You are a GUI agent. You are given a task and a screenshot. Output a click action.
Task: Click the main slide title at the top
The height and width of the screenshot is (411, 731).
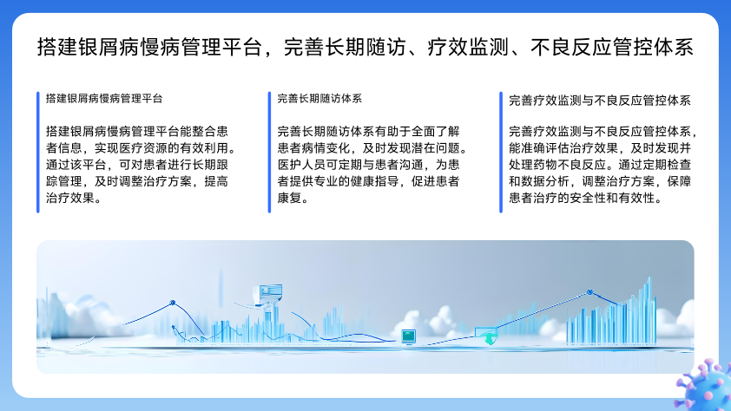point(365,48)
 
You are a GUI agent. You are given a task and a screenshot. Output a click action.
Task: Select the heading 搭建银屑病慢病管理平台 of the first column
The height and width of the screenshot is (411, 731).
point(104,99)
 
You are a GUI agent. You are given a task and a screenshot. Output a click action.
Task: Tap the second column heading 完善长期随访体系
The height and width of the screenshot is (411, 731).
point(319,99)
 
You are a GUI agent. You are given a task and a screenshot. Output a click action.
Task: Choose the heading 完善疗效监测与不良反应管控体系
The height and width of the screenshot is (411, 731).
point(600,101)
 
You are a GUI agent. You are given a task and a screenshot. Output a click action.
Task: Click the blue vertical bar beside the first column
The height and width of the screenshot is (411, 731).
point(37,153)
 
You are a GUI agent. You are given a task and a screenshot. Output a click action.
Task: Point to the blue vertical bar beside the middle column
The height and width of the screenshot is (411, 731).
point(269,153)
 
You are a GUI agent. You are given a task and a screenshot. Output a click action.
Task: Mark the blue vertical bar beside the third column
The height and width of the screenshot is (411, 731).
point(501,153)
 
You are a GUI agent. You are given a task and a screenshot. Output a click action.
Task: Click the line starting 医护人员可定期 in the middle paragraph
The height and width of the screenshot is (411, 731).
point(369,165)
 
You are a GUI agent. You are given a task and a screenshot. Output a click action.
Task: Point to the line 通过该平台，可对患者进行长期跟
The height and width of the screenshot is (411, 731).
point(137,165)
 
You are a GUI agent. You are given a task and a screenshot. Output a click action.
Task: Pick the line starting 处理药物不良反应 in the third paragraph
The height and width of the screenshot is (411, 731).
point(600,165)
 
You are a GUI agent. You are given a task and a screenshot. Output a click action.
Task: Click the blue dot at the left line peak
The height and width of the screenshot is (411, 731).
point(173,303)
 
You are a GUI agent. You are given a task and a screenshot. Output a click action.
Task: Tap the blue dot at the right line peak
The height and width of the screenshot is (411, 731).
point(589,292)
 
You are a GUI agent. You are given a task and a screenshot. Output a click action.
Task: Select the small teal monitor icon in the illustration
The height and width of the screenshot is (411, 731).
point(408,336)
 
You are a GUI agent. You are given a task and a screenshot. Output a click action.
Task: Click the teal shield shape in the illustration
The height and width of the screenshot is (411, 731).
point(488,338)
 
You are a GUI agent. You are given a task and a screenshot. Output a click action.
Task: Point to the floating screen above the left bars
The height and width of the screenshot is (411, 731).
point(268,293)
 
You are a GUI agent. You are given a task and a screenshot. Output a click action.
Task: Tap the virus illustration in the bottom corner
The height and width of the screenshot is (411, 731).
point(704,385)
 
